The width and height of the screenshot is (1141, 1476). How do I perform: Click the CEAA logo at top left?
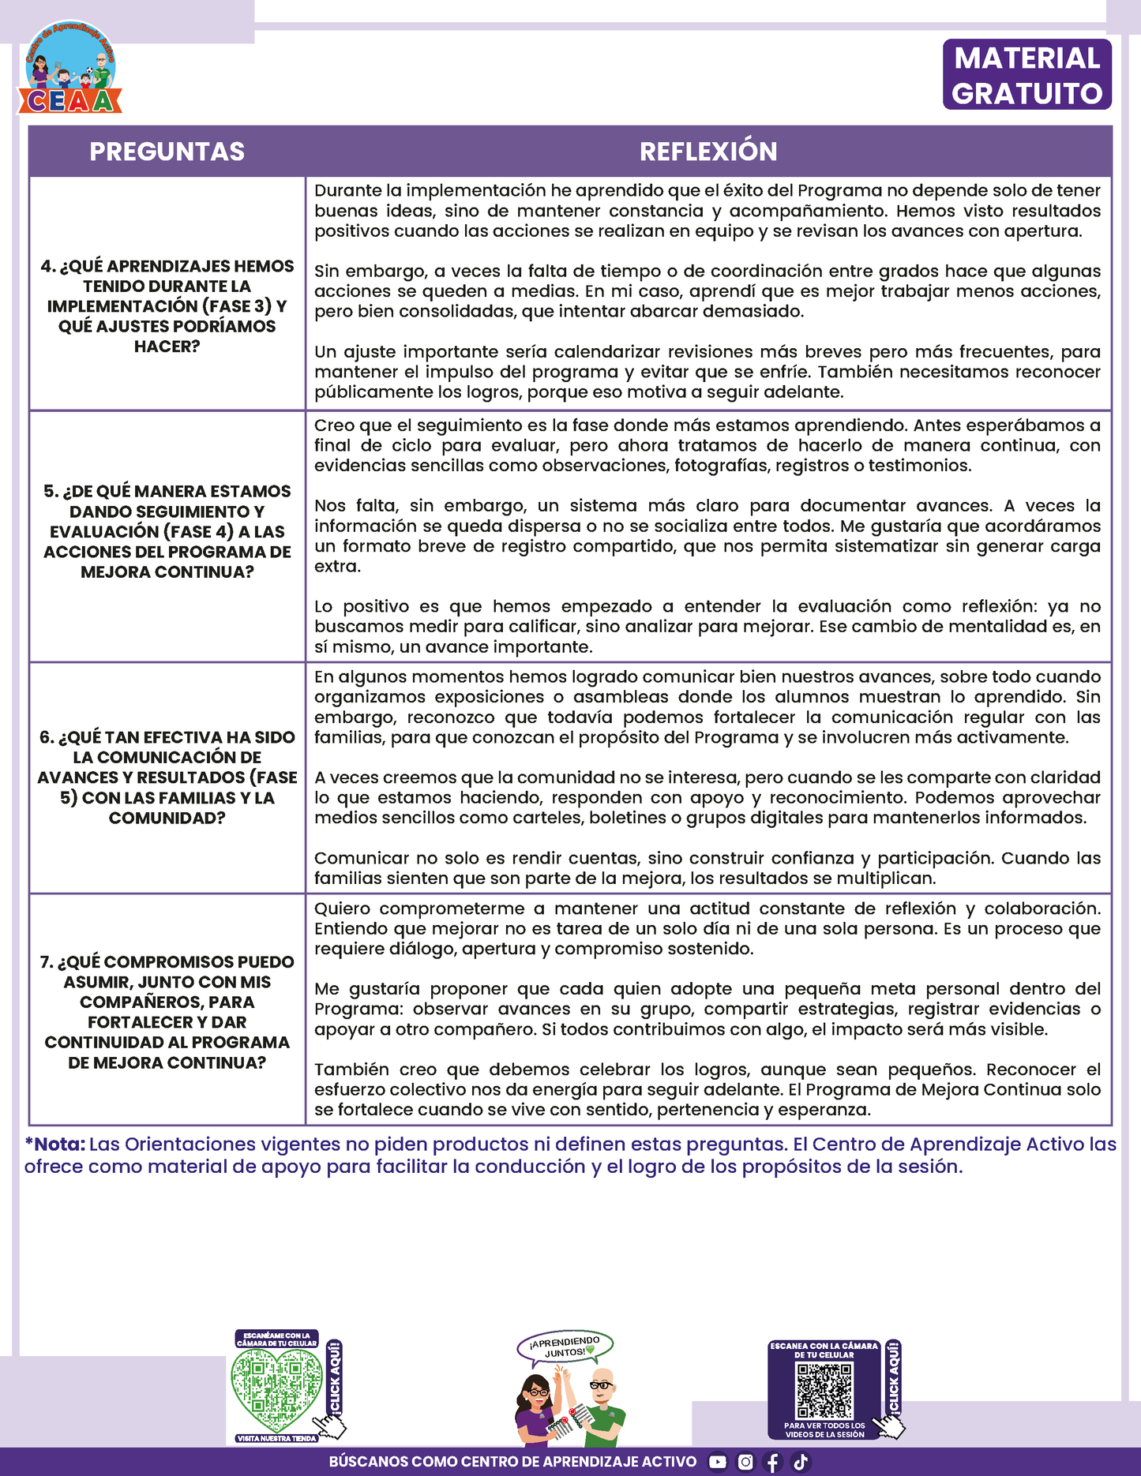70,69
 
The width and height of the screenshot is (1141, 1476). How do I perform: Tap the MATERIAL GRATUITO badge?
1027,75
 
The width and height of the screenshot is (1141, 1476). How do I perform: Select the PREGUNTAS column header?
167,152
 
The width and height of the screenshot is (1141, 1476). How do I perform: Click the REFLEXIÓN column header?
708,152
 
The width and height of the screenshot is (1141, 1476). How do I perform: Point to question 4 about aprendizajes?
167,306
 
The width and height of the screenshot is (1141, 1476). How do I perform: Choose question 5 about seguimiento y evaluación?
167,531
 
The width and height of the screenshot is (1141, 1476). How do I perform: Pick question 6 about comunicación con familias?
167,777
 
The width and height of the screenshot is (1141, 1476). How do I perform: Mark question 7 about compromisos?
167,1012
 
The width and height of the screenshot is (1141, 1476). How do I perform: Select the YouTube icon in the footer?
717,1462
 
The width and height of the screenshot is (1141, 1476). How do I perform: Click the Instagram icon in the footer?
745,1462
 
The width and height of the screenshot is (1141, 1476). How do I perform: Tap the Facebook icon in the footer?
773,1462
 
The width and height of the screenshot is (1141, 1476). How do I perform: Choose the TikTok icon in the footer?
801,1462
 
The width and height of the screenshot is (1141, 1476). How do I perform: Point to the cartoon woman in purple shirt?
537,1409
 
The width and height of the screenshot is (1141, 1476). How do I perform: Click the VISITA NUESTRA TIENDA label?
276,1439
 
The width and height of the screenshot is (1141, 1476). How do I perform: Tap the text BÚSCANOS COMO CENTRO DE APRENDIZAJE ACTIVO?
512,1462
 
